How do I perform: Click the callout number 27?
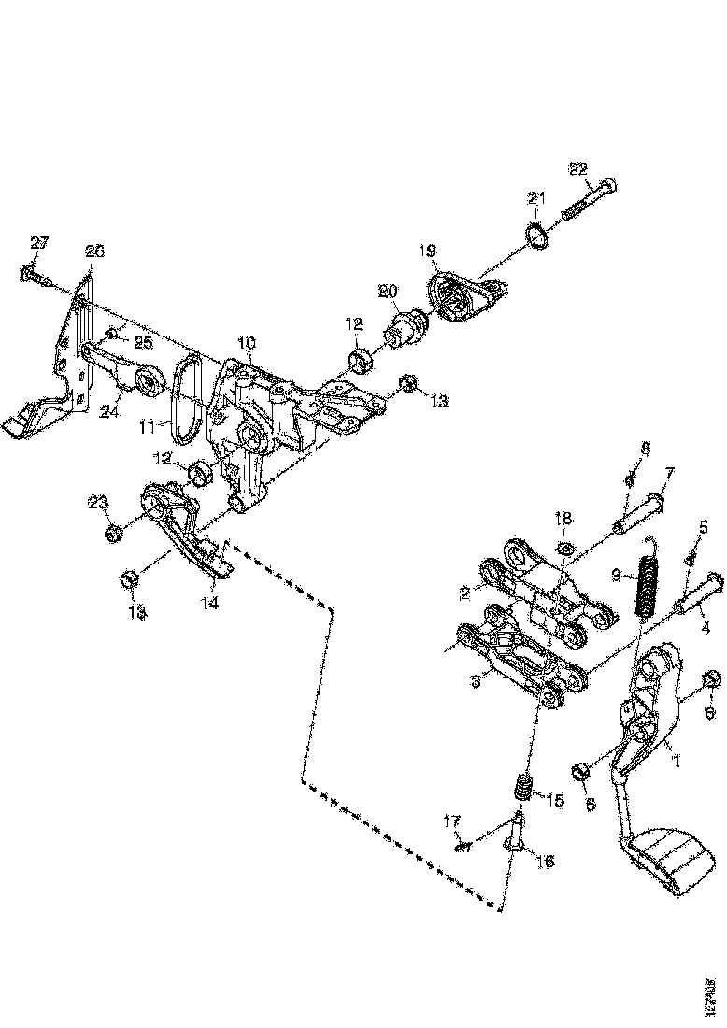tap(38, 242)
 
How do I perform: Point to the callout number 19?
tap(427, 250)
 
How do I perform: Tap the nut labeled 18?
tap(564, 547)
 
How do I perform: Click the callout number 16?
tap(546, 861)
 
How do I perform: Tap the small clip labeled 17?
tap(462, 846)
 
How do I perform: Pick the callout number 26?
tap(95, 250)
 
